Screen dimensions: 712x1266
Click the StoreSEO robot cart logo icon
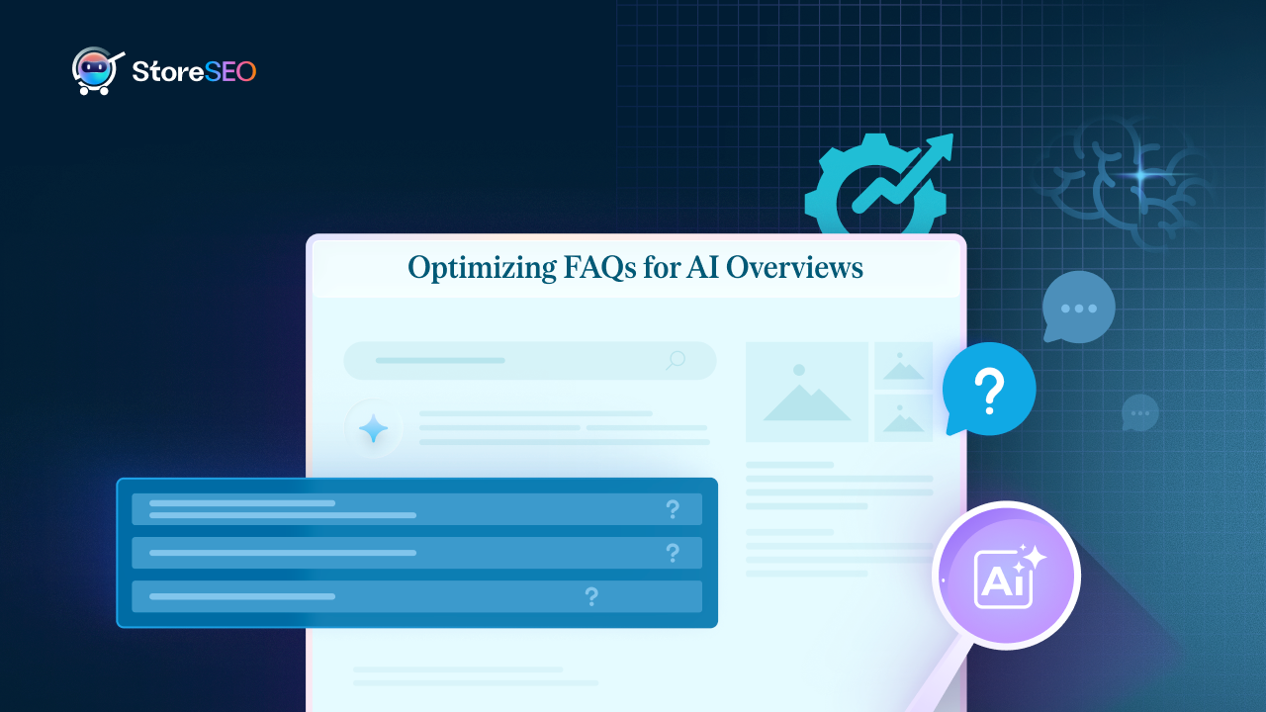[x=97, y=71]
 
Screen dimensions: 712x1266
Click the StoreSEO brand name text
[x=194, y=71]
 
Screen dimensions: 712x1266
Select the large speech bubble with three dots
[x=1078, y=307]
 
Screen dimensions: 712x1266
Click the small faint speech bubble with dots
[x=1139, y=412]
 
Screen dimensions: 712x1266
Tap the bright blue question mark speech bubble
[x=988, y=389]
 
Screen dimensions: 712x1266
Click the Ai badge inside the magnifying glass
[x=1005, y=578]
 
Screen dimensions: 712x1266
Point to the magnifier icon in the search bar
[x=676, y=360]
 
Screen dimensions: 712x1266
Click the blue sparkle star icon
[x=373, y=429]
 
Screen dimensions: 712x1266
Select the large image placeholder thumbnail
[x=806, y=392]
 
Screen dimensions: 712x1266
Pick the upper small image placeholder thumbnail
[x=903, y=366]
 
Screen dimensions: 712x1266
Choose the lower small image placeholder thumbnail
[x=903, y=418]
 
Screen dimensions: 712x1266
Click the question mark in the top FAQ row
[x=673, y=509]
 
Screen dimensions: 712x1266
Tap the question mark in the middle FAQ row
[x=673, y=553]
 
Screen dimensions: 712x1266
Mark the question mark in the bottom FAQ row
[x=591, y=596]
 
